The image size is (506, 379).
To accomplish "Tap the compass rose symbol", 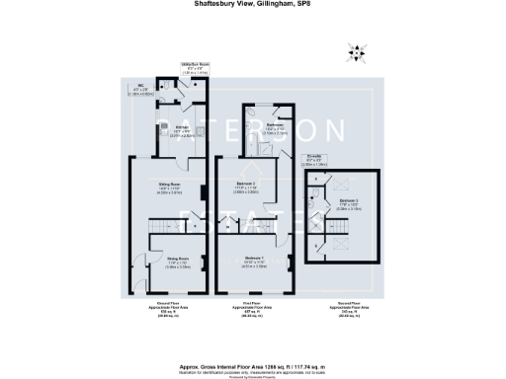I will click(x=358, y=53).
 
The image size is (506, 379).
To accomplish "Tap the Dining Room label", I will click(x=177, y=263).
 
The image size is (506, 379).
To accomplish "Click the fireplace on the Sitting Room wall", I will click(x=205, y=192).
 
